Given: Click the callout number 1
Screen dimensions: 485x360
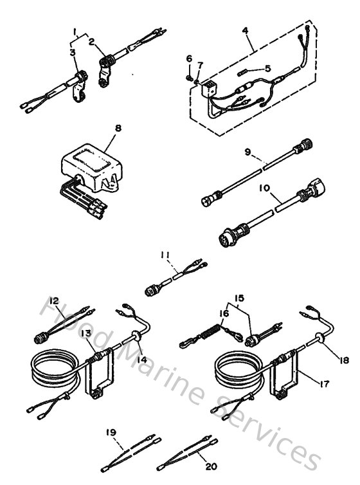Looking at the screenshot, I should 75,31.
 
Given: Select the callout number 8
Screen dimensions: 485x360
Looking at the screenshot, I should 118,128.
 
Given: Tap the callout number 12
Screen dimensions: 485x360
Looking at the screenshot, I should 55,300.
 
